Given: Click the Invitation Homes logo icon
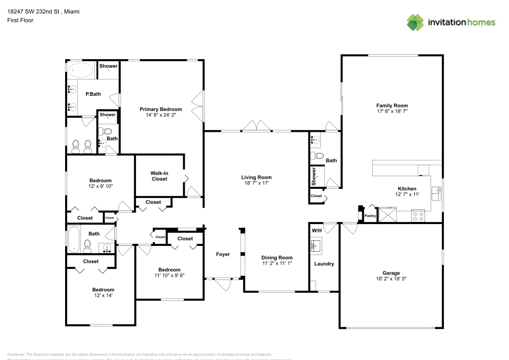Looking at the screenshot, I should click(x=415, y=22).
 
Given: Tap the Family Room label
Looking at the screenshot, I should click(x=391, y=105).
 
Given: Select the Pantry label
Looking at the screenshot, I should click(x=370, y=216).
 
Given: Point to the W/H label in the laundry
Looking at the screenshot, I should click(x=317, y=231).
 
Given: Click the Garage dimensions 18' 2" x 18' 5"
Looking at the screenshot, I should click(x=391, y=279).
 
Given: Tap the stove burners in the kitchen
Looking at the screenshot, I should click(x=418, y=215).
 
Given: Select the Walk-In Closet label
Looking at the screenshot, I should click(x=159, y=176).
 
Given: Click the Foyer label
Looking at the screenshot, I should click(x=223, y=254).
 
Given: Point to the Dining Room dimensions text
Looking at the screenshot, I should click(x=277, y=264).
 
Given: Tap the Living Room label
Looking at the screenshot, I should click(x=257, y=177).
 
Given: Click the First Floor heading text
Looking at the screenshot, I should click(x=20, y=20).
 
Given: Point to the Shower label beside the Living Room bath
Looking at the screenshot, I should click(x=314, y=177).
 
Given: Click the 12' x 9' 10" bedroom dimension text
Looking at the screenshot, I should click(x=100, y=186).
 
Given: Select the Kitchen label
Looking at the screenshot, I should click(x=406, y=188).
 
